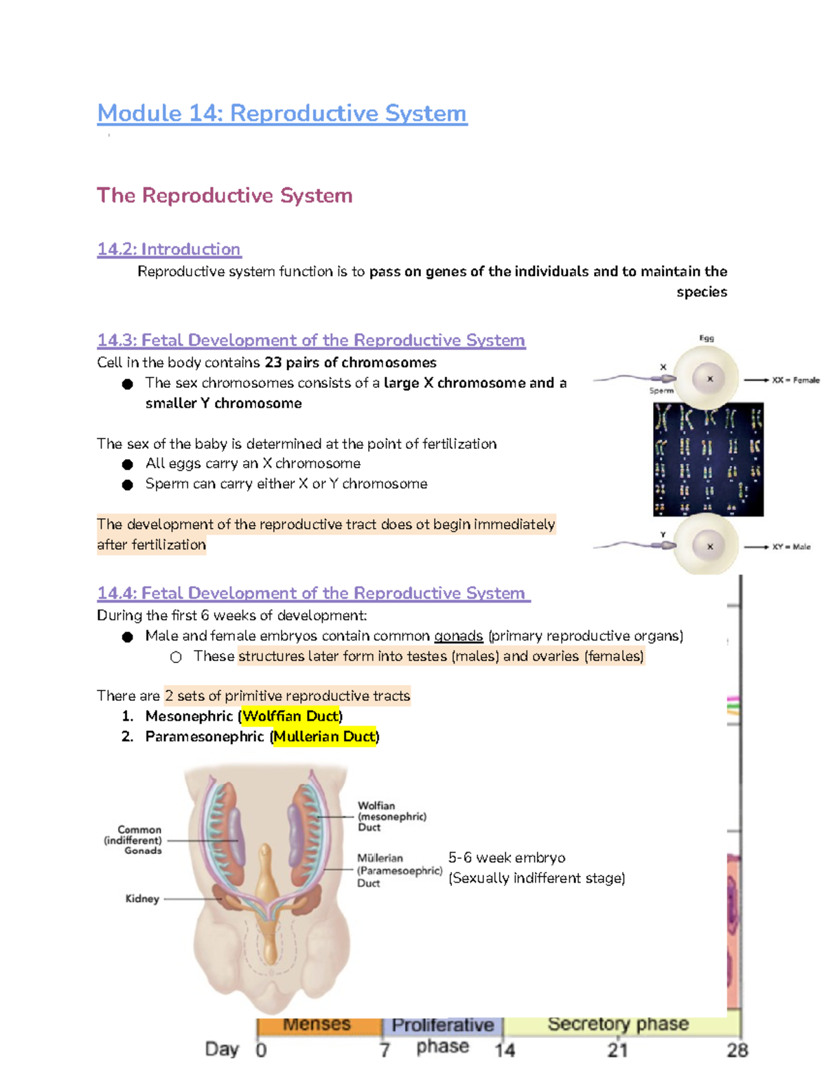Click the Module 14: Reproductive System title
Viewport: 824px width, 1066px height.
[282, 113]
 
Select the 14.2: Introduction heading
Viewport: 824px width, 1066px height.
[169, 249]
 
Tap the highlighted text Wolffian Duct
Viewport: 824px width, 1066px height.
[291, 716]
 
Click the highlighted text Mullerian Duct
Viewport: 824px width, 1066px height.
[324, 737]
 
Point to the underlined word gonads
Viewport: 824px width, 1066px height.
[458, 636]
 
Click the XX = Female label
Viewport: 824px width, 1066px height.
[795, 380]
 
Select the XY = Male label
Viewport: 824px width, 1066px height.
[791, 547]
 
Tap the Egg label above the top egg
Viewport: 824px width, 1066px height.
[707, 338]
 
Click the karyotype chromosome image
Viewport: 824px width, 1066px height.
[708, 459]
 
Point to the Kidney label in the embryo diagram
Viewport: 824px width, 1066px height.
[142, 899]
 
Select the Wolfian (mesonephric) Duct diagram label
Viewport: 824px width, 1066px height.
[391, 816]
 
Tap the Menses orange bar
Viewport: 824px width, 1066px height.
[318, 1026]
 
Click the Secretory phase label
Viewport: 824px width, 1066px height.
[618, 1024]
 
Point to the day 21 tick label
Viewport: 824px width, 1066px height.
[617, 1050]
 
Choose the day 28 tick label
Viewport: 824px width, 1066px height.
[737, 1050]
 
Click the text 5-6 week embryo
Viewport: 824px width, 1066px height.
[507, 858]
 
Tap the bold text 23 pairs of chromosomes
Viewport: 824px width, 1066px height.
[350, 362]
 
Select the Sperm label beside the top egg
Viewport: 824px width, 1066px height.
[661, 391]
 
